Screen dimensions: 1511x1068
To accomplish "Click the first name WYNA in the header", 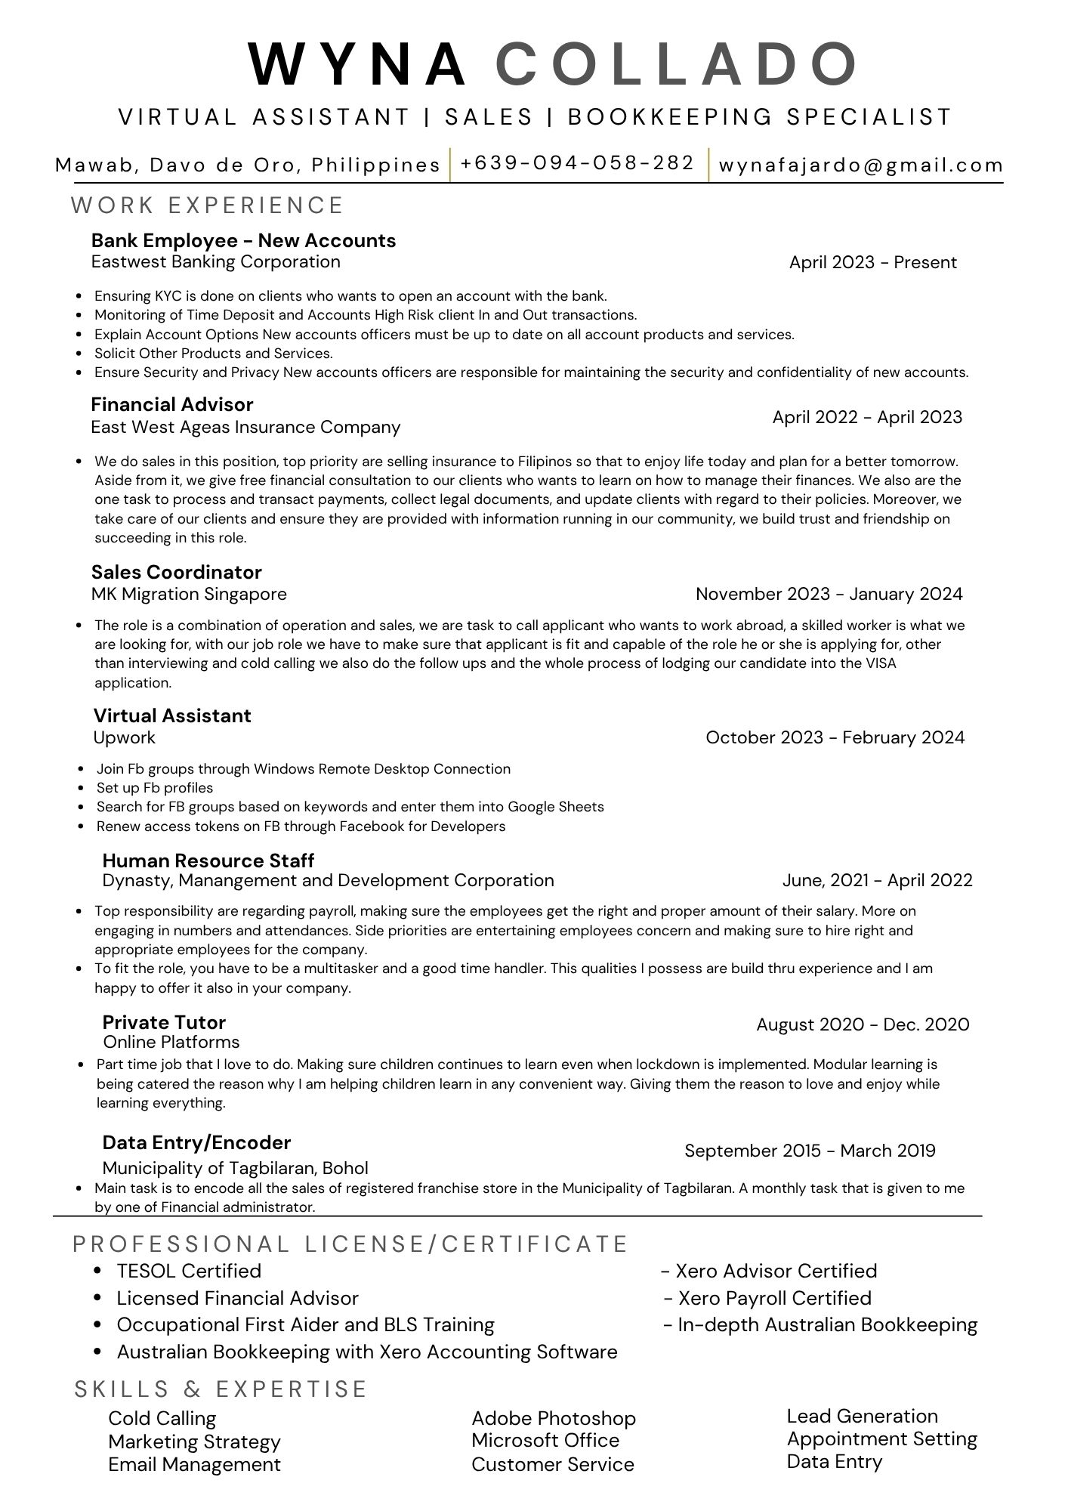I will tap(357, 63).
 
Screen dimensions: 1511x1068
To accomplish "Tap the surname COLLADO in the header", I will tap(676, 63).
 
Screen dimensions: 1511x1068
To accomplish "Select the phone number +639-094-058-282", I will tap(577, 163).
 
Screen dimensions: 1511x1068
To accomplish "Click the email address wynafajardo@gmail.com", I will tap(861, 165).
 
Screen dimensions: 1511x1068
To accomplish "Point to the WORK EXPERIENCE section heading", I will tap(207, 205).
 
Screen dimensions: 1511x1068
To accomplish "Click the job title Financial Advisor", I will tap(172, 405).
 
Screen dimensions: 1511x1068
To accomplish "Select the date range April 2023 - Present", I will tap(872, 263).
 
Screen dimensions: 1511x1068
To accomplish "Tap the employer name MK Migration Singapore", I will tap(189, 594).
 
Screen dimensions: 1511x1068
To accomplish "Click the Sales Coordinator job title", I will tap(177, 572).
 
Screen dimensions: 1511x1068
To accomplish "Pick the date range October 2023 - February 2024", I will tap(835, 737).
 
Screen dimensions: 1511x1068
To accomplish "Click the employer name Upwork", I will tap(125, 737).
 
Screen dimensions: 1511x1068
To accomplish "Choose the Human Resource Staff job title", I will tap(208, 861).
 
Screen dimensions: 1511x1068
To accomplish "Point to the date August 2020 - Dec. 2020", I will tap(863, 1024).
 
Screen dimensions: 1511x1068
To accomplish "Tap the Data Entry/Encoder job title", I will tap(196, 1142).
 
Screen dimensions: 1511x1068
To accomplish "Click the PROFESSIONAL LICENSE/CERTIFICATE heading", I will tap(350, 1244).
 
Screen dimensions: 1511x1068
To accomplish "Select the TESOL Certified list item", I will tap(189, 1271).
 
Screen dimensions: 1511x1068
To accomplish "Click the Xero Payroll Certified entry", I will tap(774, 1298).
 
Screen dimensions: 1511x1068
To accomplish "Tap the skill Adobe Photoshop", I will tap(554, 1418).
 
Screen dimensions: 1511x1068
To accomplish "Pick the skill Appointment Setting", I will tap(881, 1439).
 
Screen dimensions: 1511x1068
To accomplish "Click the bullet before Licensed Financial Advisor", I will tap(97, 1298).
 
